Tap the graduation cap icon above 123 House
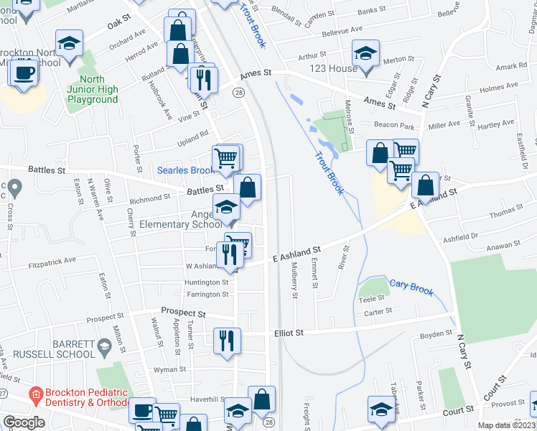pyautogui.click(x=365, y=53)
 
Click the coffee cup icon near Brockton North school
pyautogui.click(x=24, y=73)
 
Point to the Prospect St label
pyautogui.click(x=183, y=313)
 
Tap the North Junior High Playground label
pyautogui.click(x=93, y=89)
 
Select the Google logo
pyautogui.click(x=24, y=422)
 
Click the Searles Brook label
pyautogui.click(x=186, y=170)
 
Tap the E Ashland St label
pyautogui.click(x=296, y=253)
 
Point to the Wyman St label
pyautogui.click(x=170, y=369)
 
